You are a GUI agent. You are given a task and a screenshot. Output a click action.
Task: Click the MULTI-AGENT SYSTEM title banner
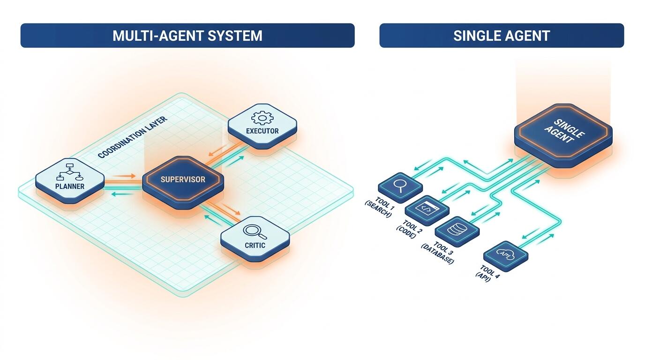[187, 36]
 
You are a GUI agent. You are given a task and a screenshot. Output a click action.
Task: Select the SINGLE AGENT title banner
[502, 36]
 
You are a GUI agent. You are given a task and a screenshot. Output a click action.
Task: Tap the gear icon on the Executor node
[262, 118]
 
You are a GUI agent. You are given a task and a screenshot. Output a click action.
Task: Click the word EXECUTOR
[262, 131]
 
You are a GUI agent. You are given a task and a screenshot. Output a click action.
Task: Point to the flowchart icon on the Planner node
[69, 172]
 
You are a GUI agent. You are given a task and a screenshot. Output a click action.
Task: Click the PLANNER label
[70, 187]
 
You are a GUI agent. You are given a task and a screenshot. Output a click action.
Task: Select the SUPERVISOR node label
[183, 180]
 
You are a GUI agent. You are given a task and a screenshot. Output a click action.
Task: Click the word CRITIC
[255, 245]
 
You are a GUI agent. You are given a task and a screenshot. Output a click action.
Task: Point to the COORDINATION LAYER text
[133, 137]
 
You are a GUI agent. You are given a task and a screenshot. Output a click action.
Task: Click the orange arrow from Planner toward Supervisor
[124, 176]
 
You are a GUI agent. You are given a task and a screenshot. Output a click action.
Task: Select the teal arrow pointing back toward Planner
[123, 194]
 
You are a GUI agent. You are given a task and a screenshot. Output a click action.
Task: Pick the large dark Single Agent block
[563, 135]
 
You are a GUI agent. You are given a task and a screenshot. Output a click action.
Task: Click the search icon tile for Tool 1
[400, 187]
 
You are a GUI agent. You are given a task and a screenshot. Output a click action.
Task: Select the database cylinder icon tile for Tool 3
[457, 231]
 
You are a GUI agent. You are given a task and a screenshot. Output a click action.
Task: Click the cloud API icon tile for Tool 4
[506, 256]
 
